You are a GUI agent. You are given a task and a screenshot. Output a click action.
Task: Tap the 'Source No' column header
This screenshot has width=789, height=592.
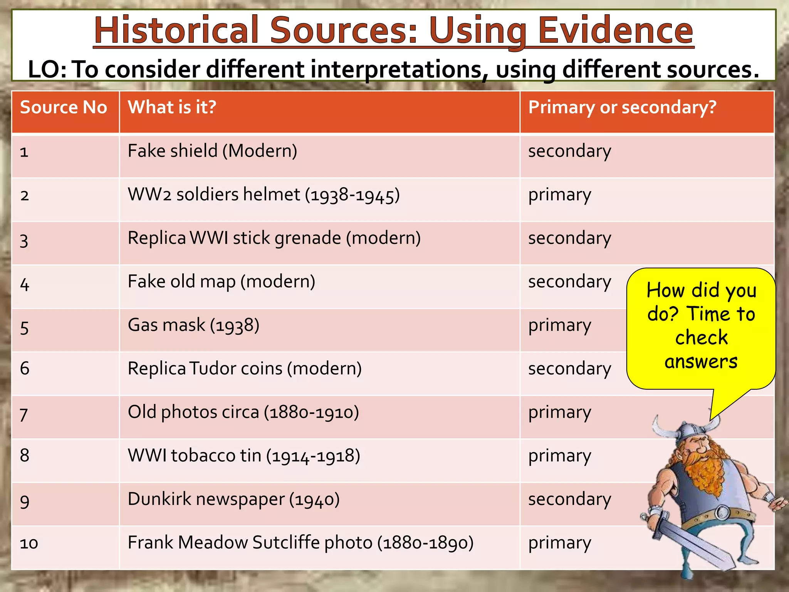click(x=64, y=107)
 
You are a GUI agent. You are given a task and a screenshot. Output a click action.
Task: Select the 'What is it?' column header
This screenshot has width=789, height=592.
click(x=172, y=107)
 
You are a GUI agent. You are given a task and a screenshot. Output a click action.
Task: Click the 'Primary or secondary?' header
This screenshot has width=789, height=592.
click(x=622, y=107)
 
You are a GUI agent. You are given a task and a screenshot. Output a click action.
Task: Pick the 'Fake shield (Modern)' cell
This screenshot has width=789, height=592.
click(x=212, y=151)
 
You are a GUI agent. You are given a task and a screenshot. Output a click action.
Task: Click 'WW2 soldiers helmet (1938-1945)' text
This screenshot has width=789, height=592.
click(x=264, y=195)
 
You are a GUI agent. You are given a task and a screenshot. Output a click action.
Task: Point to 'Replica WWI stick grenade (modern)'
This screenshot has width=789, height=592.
click(x=274, y=238)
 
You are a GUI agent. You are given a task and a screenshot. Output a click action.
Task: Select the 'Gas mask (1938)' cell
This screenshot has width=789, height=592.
click(x=193, y=325)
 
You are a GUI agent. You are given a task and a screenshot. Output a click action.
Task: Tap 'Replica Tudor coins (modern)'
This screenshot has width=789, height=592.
click(x=245, y=369)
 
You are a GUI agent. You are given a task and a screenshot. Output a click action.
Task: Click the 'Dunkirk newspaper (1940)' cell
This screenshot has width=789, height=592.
click(x=233, y=499)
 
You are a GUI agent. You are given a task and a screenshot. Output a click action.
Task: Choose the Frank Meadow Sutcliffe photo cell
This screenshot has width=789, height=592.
click(x=300, y=543)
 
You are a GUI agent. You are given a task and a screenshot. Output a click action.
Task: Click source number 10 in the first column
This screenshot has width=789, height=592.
click(x=29, y=543)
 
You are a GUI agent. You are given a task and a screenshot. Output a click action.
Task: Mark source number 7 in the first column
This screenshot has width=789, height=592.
click(x=24, y=414)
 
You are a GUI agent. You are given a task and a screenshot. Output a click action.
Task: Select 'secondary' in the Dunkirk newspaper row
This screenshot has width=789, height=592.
click(x=569, y=499)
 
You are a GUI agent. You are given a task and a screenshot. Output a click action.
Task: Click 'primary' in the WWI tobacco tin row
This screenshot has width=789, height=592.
click(x=559, y=456)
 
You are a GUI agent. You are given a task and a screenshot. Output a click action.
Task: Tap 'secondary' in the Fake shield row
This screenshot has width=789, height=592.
click(x=569, y=151)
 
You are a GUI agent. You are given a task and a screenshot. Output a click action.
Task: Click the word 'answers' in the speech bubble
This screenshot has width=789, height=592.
click(x=701, y=362)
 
